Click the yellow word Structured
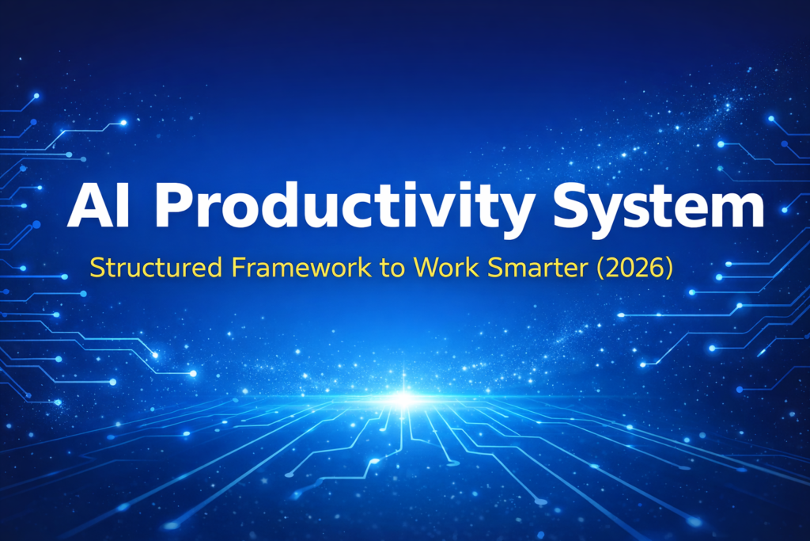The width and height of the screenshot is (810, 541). click(156, 268)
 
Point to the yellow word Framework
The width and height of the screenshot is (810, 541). click(301, 268)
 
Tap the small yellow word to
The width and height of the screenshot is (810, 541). click(392, 269)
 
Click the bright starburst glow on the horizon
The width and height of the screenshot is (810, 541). click(404, 398)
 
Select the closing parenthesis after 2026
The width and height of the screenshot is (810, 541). click(669, 269)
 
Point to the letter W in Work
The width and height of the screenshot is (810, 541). click(426, 268)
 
